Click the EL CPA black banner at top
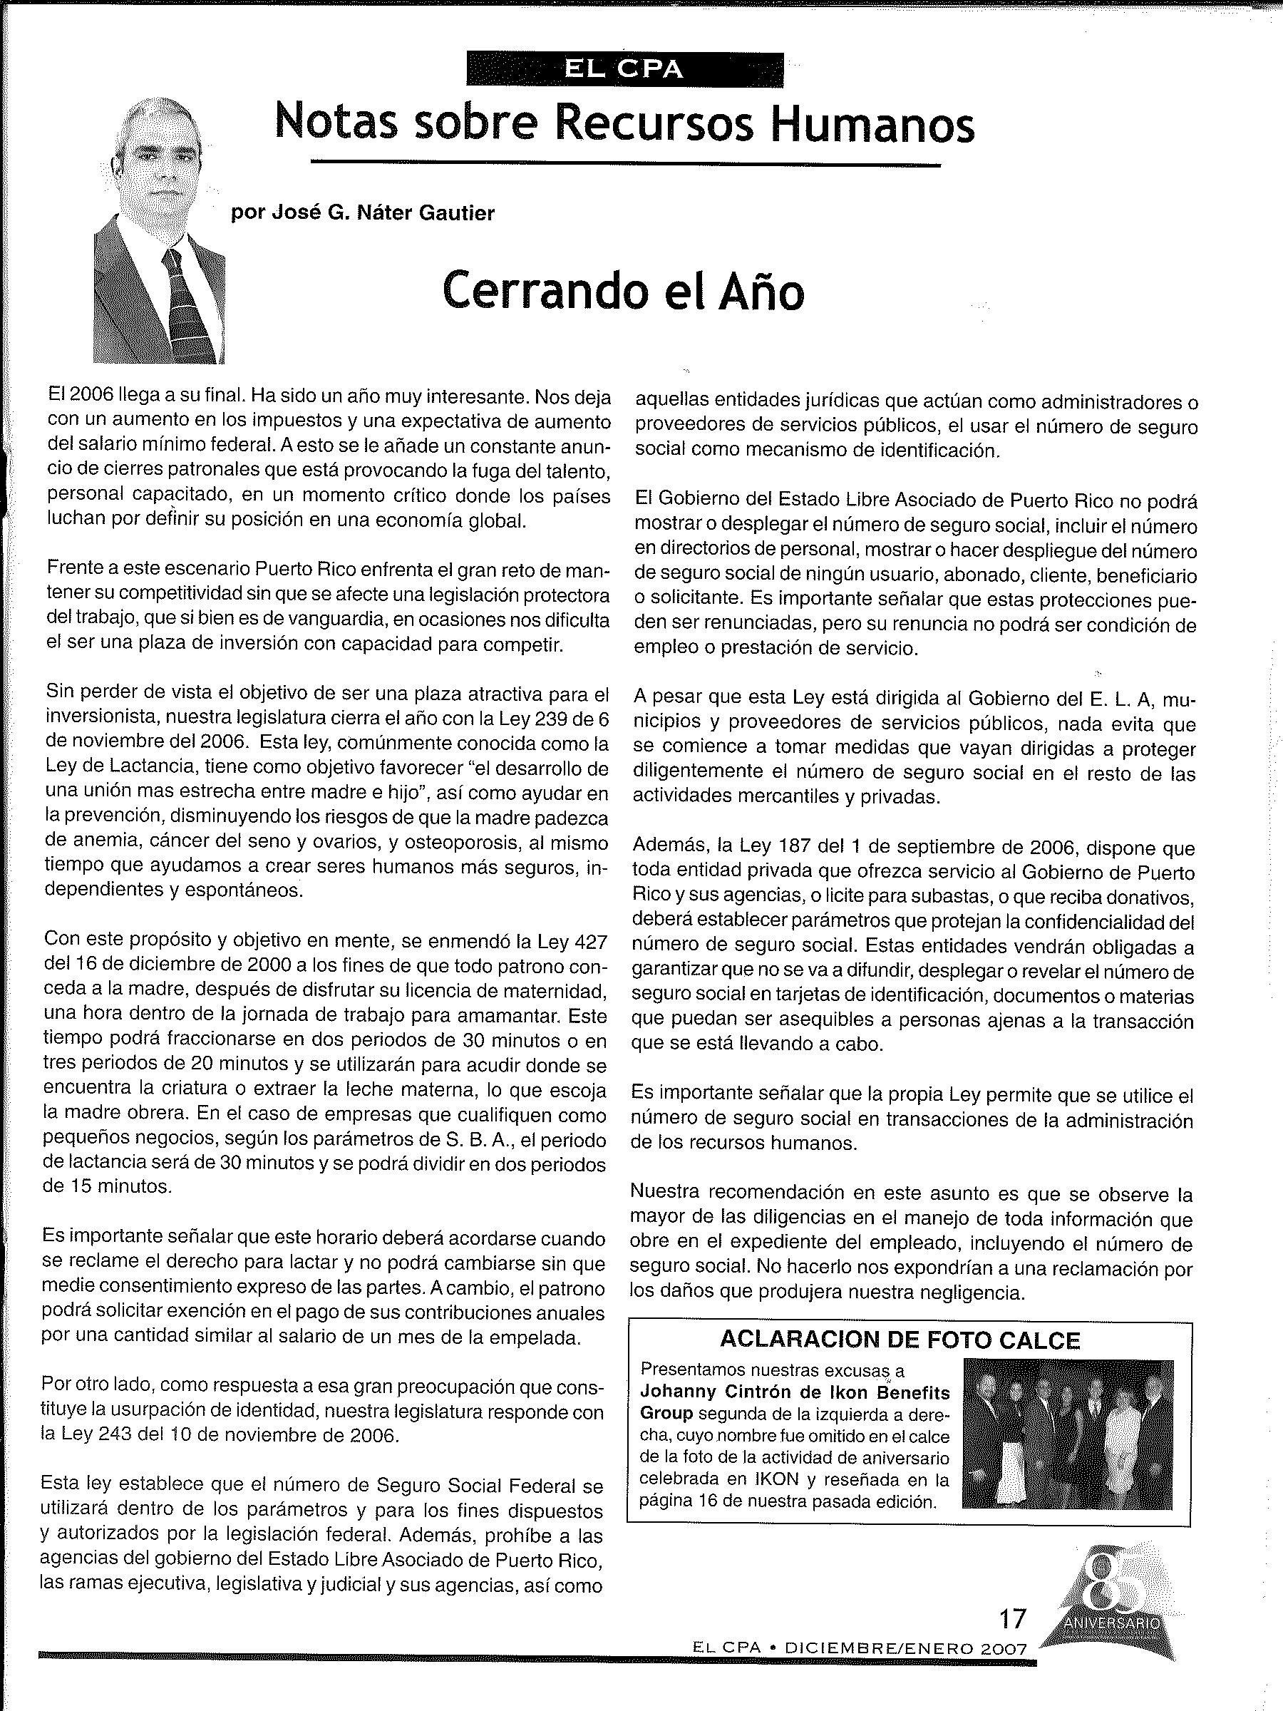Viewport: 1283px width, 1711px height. tap(625, 71)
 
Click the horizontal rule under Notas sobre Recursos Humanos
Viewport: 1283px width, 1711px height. tap(625, 164)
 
